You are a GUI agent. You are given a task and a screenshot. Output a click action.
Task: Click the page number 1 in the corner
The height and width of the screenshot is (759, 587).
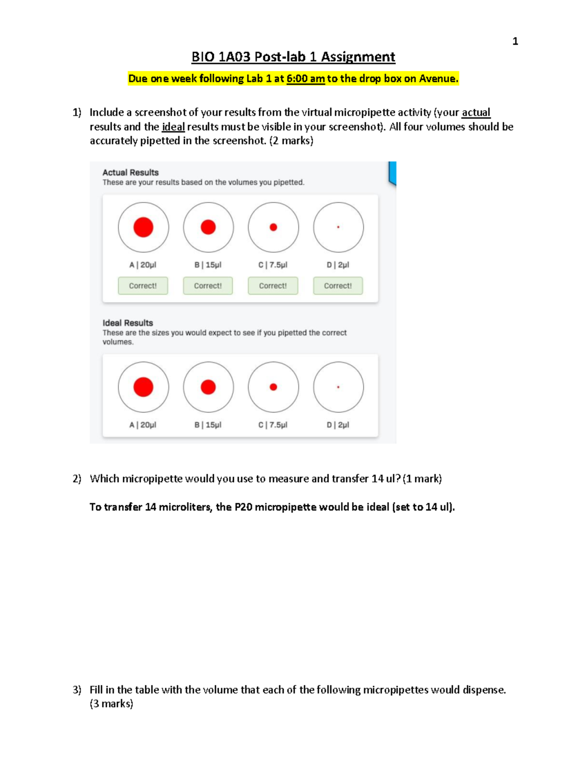click(x=515, y=42)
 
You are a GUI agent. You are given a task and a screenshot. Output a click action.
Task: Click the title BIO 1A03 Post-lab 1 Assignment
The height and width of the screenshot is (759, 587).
click(x=293, y=57)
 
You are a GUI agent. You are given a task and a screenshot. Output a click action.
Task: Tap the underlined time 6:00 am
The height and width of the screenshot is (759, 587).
click(x=305, y=79)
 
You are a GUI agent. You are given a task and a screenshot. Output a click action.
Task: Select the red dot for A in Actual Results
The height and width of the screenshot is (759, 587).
click(x=143, y=227)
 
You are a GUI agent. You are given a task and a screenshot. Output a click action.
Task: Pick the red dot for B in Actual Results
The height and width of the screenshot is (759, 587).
click(x=208, y=227)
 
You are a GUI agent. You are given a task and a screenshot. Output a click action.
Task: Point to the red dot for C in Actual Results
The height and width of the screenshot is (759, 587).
click(x=273, y=227)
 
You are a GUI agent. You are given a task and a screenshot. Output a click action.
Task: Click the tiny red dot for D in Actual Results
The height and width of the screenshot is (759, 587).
click(x=338, y=227)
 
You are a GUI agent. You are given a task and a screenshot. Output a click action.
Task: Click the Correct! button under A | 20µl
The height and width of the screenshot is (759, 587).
click(x=143, y=286)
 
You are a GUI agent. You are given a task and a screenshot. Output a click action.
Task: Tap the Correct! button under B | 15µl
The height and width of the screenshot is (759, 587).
click(x=208, y=286)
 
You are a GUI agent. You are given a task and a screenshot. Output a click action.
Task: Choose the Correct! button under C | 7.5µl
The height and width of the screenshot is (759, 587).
click(x=273, y=286)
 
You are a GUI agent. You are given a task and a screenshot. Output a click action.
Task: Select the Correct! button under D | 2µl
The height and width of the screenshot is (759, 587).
click(x=338, y=286)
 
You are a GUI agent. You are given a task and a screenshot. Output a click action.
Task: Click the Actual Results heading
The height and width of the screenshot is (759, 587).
click(x=131, y=173)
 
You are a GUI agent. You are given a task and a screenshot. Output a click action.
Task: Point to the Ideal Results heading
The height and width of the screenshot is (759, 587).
click(x=128, y=323)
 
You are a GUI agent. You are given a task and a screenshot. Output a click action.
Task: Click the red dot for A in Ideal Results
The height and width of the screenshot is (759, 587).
click(x=143, y=387)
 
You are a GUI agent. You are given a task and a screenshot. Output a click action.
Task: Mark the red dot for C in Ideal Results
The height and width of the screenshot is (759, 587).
click(x=273, y=387)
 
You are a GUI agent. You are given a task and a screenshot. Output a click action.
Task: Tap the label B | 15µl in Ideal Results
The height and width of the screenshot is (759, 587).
click(x=208, y=425)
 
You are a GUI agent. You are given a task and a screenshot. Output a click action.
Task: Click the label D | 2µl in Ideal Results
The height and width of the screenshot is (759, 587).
click(x=338, y=425)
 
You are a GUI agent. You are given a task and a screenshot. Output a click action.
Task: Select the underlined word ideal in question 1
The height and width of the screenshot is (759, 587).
click(x=173, y=127)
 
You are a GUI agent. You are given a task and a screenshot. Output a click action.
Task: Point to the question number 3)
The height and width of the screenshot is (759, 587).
click(x=77, y=690)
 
